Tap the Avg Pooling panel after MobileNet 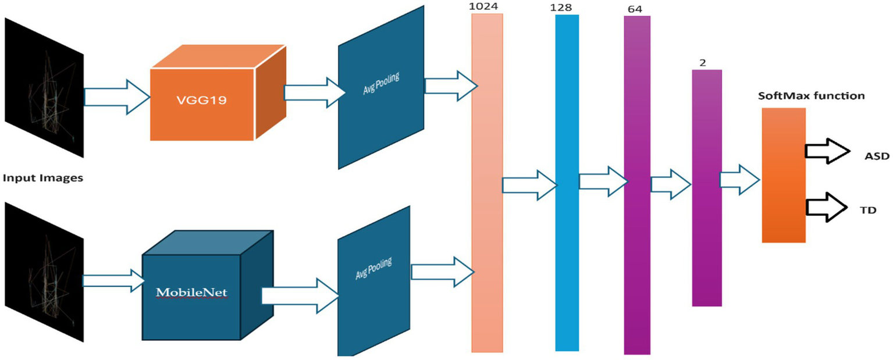click(375, 279)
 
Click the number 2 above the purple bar click(703, 63)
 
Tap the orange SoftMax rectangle click(784, 175)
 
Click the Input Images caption click(43, 178)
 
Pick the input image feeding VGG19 click(44, 87)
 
